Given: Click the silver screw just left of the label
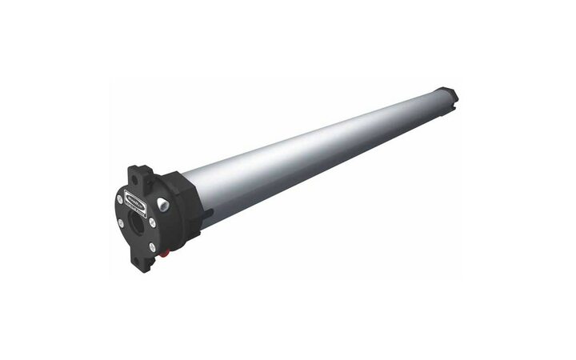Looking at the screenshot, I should point(119,200).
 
